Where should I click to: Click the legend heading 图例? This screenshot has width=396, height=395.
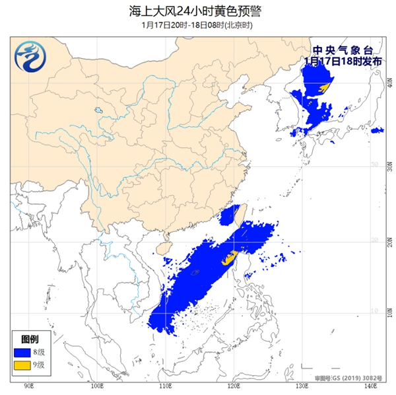[x=24, y=339]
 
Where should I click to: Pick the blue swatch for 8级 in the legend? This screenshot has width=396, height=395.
[x=24, y=351]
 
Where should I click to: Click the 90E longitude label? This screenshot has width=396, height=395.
[x=29, y=386]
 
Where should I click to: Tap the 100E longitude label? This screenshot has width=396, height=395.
[x=97, y=386]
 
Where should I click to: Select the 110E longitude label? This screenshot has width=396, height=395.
[x=165, y=386]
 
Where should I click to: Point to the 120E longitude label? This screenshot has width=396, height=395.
[x=233, y=386]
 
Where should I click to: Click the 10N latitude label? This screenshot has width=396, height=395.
[x=374, y=311]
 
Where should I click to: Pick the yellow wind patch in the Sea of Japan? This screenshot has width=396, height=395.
[x=323, y=88]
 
